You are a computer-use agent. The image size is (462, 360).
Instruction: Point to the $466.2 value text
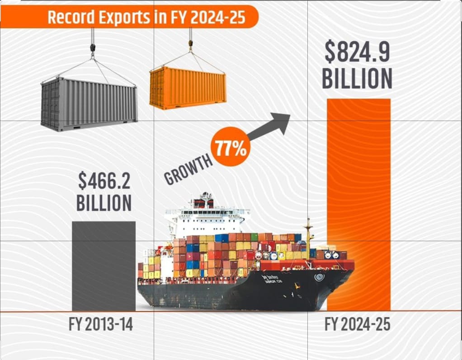point(104,182)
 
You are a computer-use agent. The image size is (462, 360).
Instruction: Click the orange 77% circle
point(231,149)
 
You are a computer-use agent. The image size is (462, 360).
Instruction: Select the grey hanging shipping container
point(89,104)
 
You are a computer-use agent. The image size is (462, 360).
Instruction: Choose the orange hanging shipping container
point(188,87)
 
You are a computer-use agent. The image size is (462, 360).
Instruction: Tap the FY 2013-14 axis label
point(101,324)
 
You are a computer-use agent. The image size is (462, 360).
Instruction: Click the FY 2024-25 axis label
point(357,324)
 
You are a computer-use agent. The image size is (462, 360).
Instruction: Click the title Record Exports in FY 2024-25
point(146,17)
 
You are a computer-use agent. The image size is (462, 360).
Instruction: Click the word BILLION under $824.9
point(357,78)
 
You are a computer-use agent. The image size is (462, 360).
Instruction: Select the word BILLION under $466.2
point(104,203)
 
